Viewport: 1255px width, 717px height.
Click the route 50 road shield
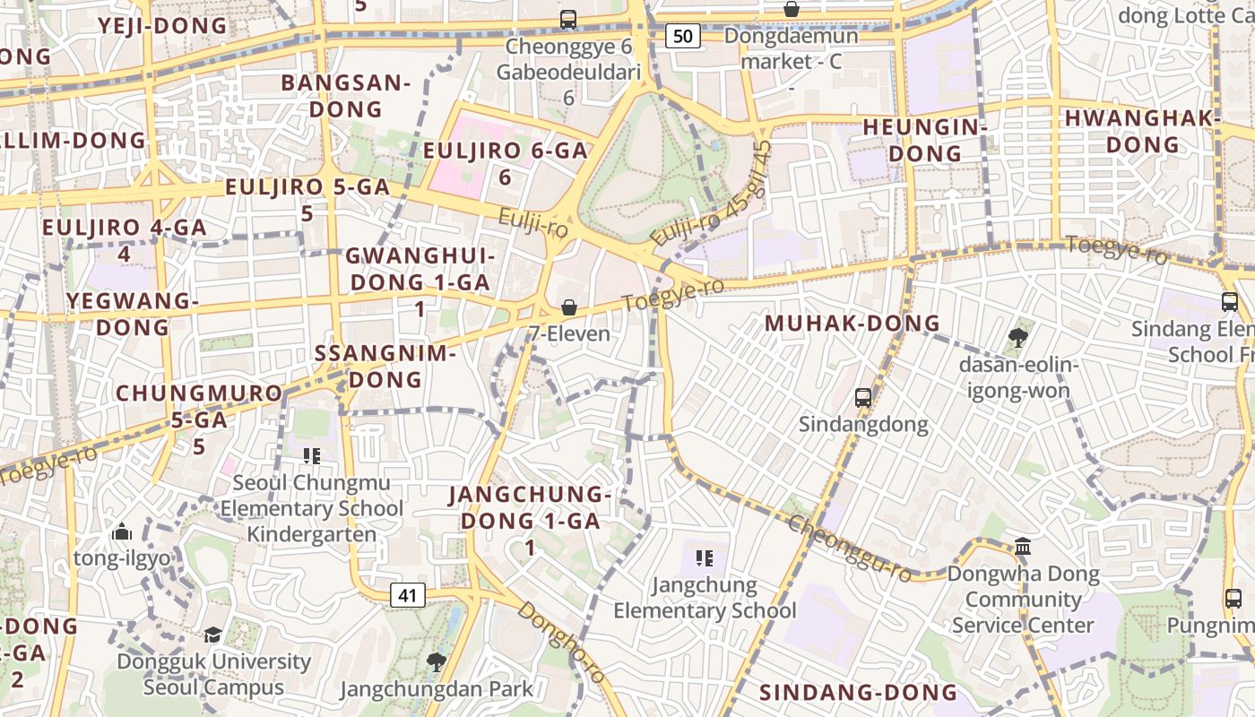pyautogui.click(x=682, y=36)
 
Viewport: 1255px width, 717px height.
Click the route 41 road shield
pyautogui.click(x=408, y=594)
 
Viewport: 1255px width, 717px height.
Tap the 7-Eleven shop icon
pyautogui.click(x=568, y=308)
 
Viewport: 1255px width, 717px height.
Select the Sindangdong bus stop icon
pyautogui.click(x=863, y=397)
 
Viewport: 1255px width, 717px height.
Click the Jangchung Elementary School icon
pyautogui.click(x=705, y=558)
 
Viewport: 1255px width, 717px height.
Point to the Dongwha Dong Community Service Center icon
pyautogui.click(x=1023, y=546)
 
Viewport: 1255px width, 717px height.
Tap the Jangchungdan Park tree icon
pyautogui.click(x=437, y=662)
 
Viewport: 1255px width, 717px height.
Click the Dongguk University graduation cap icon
pyautogui.click(x=212, y=635)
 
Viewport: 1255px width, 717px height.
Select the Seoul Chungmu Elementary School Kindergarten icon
pyautogui.click(x=312, y=456)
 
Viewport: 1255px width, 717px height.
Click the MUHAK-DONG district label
pyautogui.click(x=852, y=324)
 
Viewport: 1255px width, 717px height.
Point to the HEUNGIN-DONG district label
pyautogui.click(x=924, y=140)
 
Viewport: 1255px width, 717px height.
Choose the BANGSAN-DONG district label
pyautogui.click(x=345, y=96)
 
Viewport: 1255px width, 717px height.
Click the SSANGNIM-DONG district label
pyautogui.click(x=385, y=366)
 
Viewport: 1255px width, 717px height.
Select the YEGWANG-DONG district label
pyautogui.click(x=133, y=314)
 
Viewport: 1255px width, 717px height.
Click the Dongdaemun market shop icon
pyautogui.click(x=792, y=10)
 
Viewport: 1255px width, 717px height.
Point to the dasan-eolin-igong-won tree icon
pyautogui.click(x=1017, y=338)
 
